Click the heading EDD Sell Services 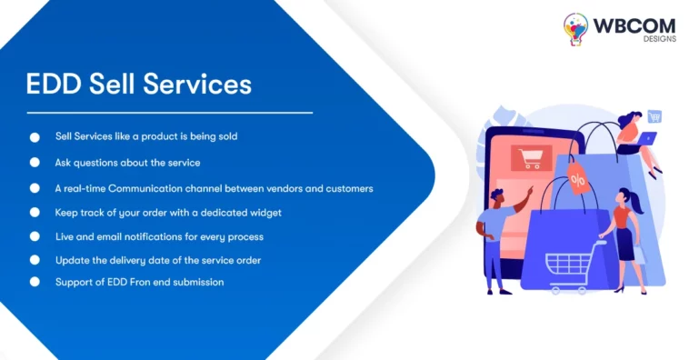pyautogui.click(x=138, y=84)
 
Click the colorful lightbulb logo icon pyautogui.click(x=575, y=29)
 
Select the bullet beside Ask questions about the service pyautogui.click(x=35, y=162)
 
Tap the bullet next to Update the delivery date pyautogui.click(x=35, y=259)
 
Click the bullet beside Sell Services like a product pyautogui.click(x=35, y=137)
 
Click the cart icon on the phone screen pyautogui.click(x=529, y=158)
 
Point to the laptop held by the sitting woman pyautogui.click(x=646, y=139)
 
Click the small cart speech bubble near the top pyautogui.click(x=654, y=116)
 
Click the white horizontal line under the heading pyautogui.click(x=169, y=113)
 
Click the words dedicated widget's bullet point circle pyautogui.click(x=35, y=212)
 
